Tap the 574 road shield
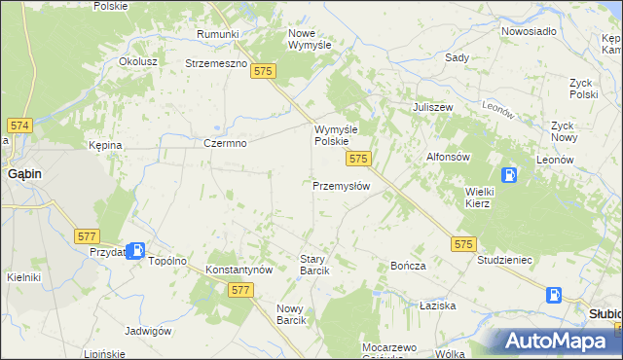click(x=19, y=126)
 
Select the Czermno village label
click(x=225, y=143)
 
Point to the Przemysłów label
click(x=341, y=185)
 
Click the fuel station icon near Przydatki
click(x=138, y=250)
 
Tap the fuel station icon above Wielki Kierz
click(x=508, y=175)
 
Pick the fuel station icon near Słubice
click(x=554, y=295)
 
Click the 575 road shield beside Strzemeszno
click(x=261, y=71)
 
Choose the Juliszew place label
click(x=434, y=107)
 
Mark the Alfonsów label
click(x=449, y=156)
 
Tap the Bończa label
click(x=408, y=266)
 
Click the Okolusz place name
click(x=138, y=60)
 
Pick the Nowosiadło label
click(x=529, y=31)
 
